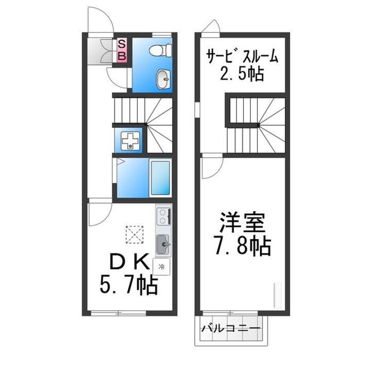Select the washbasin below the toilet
coord(162,79)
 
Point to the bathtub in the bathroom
coord(161,177)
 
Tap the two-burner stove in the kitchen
coord(163,216)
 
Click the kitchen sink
coord(163,244)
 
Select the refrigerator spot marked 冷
coord(162,267)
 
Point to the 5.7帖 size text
coord(128,285)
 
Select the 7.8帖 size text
coord(241,248)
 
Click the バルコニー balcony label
coord(230,328)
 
